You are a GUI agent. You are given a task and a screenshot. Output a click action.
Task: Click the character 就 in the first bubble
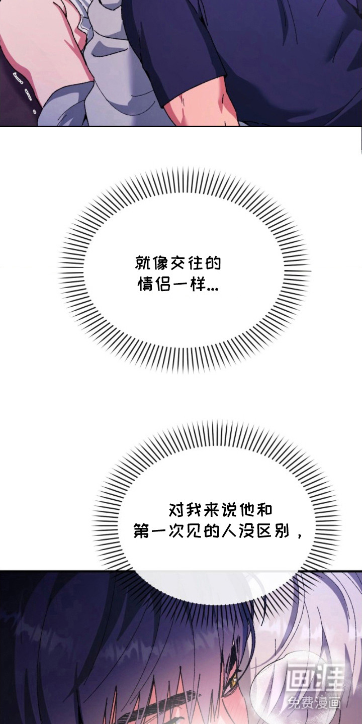(x=143, y=263)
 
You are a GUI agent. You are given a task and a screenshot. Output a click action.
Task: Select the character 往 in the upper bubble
(x=195, y=263)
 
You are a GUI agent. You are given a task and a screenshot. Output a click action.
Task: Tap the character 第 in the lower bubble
(x=142, y=531)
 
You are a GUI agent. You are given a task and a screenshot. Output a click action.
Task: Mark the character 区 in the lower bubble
(x=264, y=531)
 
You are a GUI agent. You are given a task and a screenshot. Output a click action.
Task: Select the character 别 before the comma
(x=281, y=531)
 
